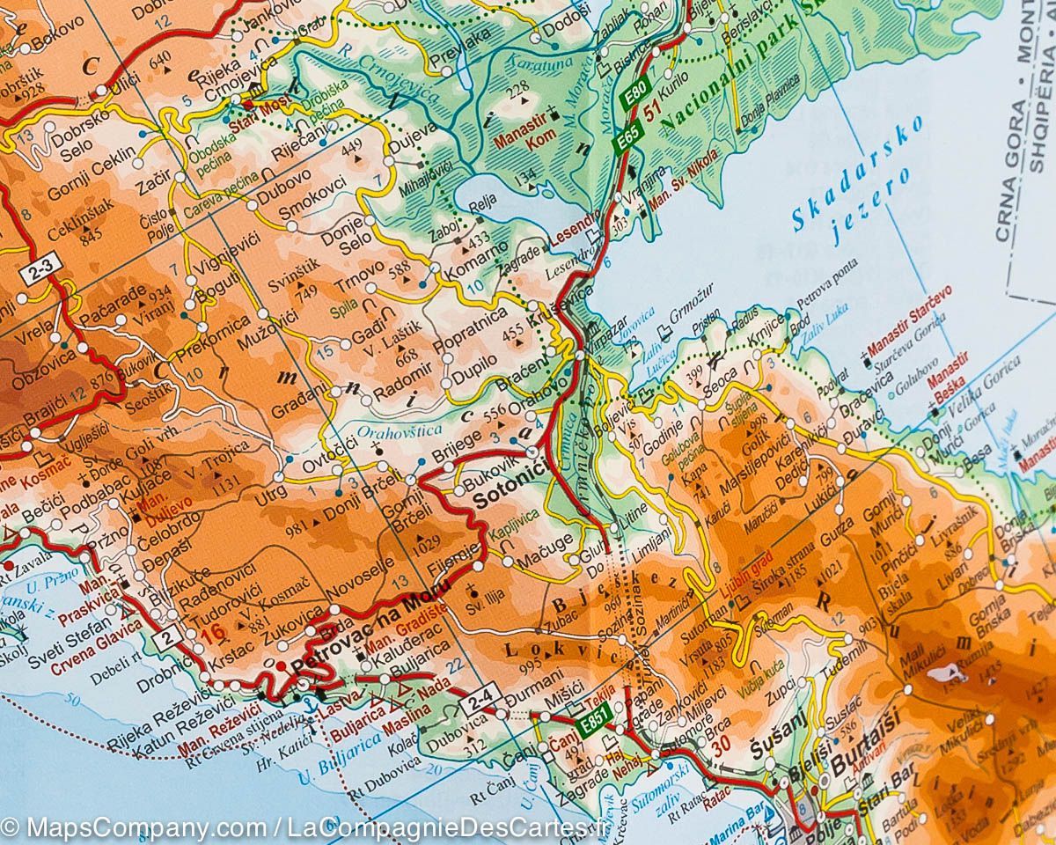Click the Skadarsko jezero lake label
pos(858,180)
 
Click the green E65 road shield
pos(627,140)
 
